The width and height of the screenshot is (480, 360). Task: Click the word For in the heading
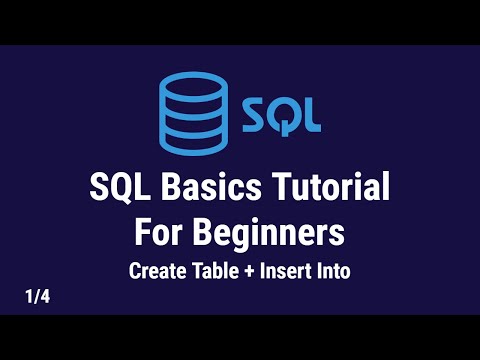click(161, 232)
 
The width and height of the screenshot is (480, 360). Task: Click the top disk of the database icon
click(193, 83)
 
